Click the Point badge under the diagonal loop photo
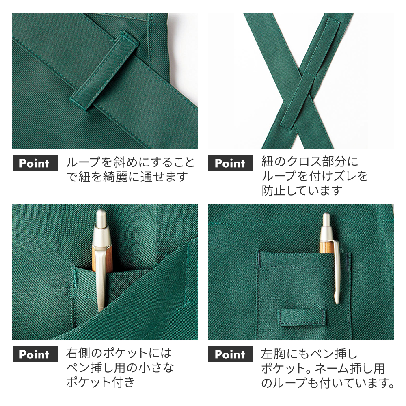(x=35, y=163)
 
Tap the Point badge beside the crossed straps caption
(x=231, y=163)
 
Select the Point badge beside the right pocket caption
(x=35, y=354)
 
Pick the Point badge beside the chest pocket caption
(x=231, y=354)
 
